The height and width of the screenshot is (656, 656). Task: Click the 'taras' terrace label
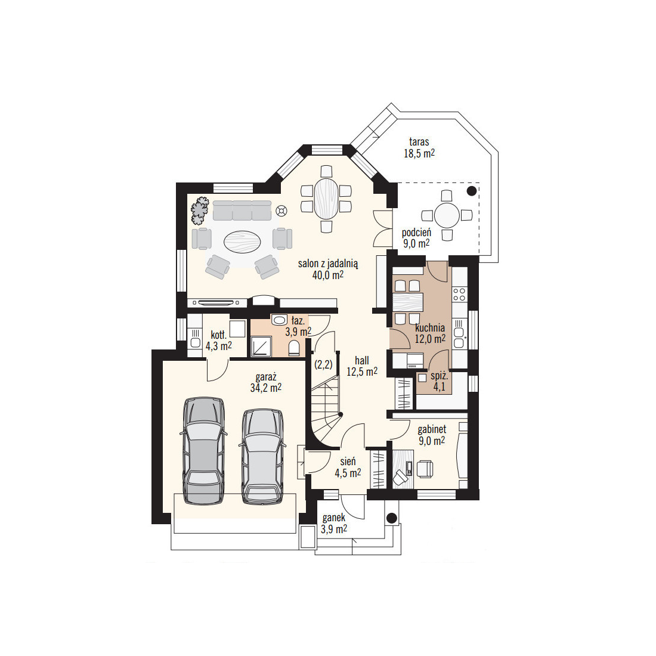tap(419, 142)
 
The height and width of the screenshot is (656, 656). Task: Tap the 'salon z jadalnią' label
tap(328, 264)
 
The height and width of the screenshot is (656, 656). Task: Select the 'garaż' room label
tap(265, 377)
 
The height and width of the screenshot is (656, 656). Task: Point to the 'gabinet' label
tap(432, 429)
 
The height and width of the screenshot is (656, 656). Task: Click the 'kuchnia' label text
tap(430, 327)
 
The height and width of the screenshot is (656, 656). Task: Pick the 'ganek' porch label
tap(334, 518)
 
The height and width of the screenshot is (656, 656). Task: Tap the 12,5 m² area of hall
tap(362, 372)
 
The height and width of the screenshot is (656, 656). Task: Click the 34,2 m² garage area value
tap(265, 388)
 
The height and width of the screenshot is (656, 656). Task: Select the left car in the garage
tap(204, 451)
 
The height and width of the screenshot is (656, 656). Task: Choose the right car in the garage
tap(263, 456)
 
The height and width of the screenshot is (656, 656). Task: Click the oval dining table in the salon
tap(326, 199)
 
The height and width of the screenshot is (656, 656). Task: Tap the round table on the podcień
tap(447, 215)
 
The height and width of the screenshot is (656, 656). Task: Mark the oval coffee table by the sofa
tap(243, 242)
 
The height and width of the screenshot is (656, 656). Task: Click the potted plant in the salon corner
tap(200, 209)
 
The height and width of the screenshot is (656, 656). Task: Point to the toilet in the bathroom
tap(294, 348)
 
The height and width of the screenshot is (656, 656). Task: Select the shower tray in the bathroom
tap(261, 347)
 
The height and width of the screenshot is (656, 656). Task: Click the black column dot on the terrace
tap(472, 191)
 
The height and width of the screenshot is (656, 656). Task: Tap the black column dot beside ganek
tap(392, 518)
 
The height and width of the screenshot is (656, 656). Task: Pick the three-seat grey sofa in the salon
tap(242, 211)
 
